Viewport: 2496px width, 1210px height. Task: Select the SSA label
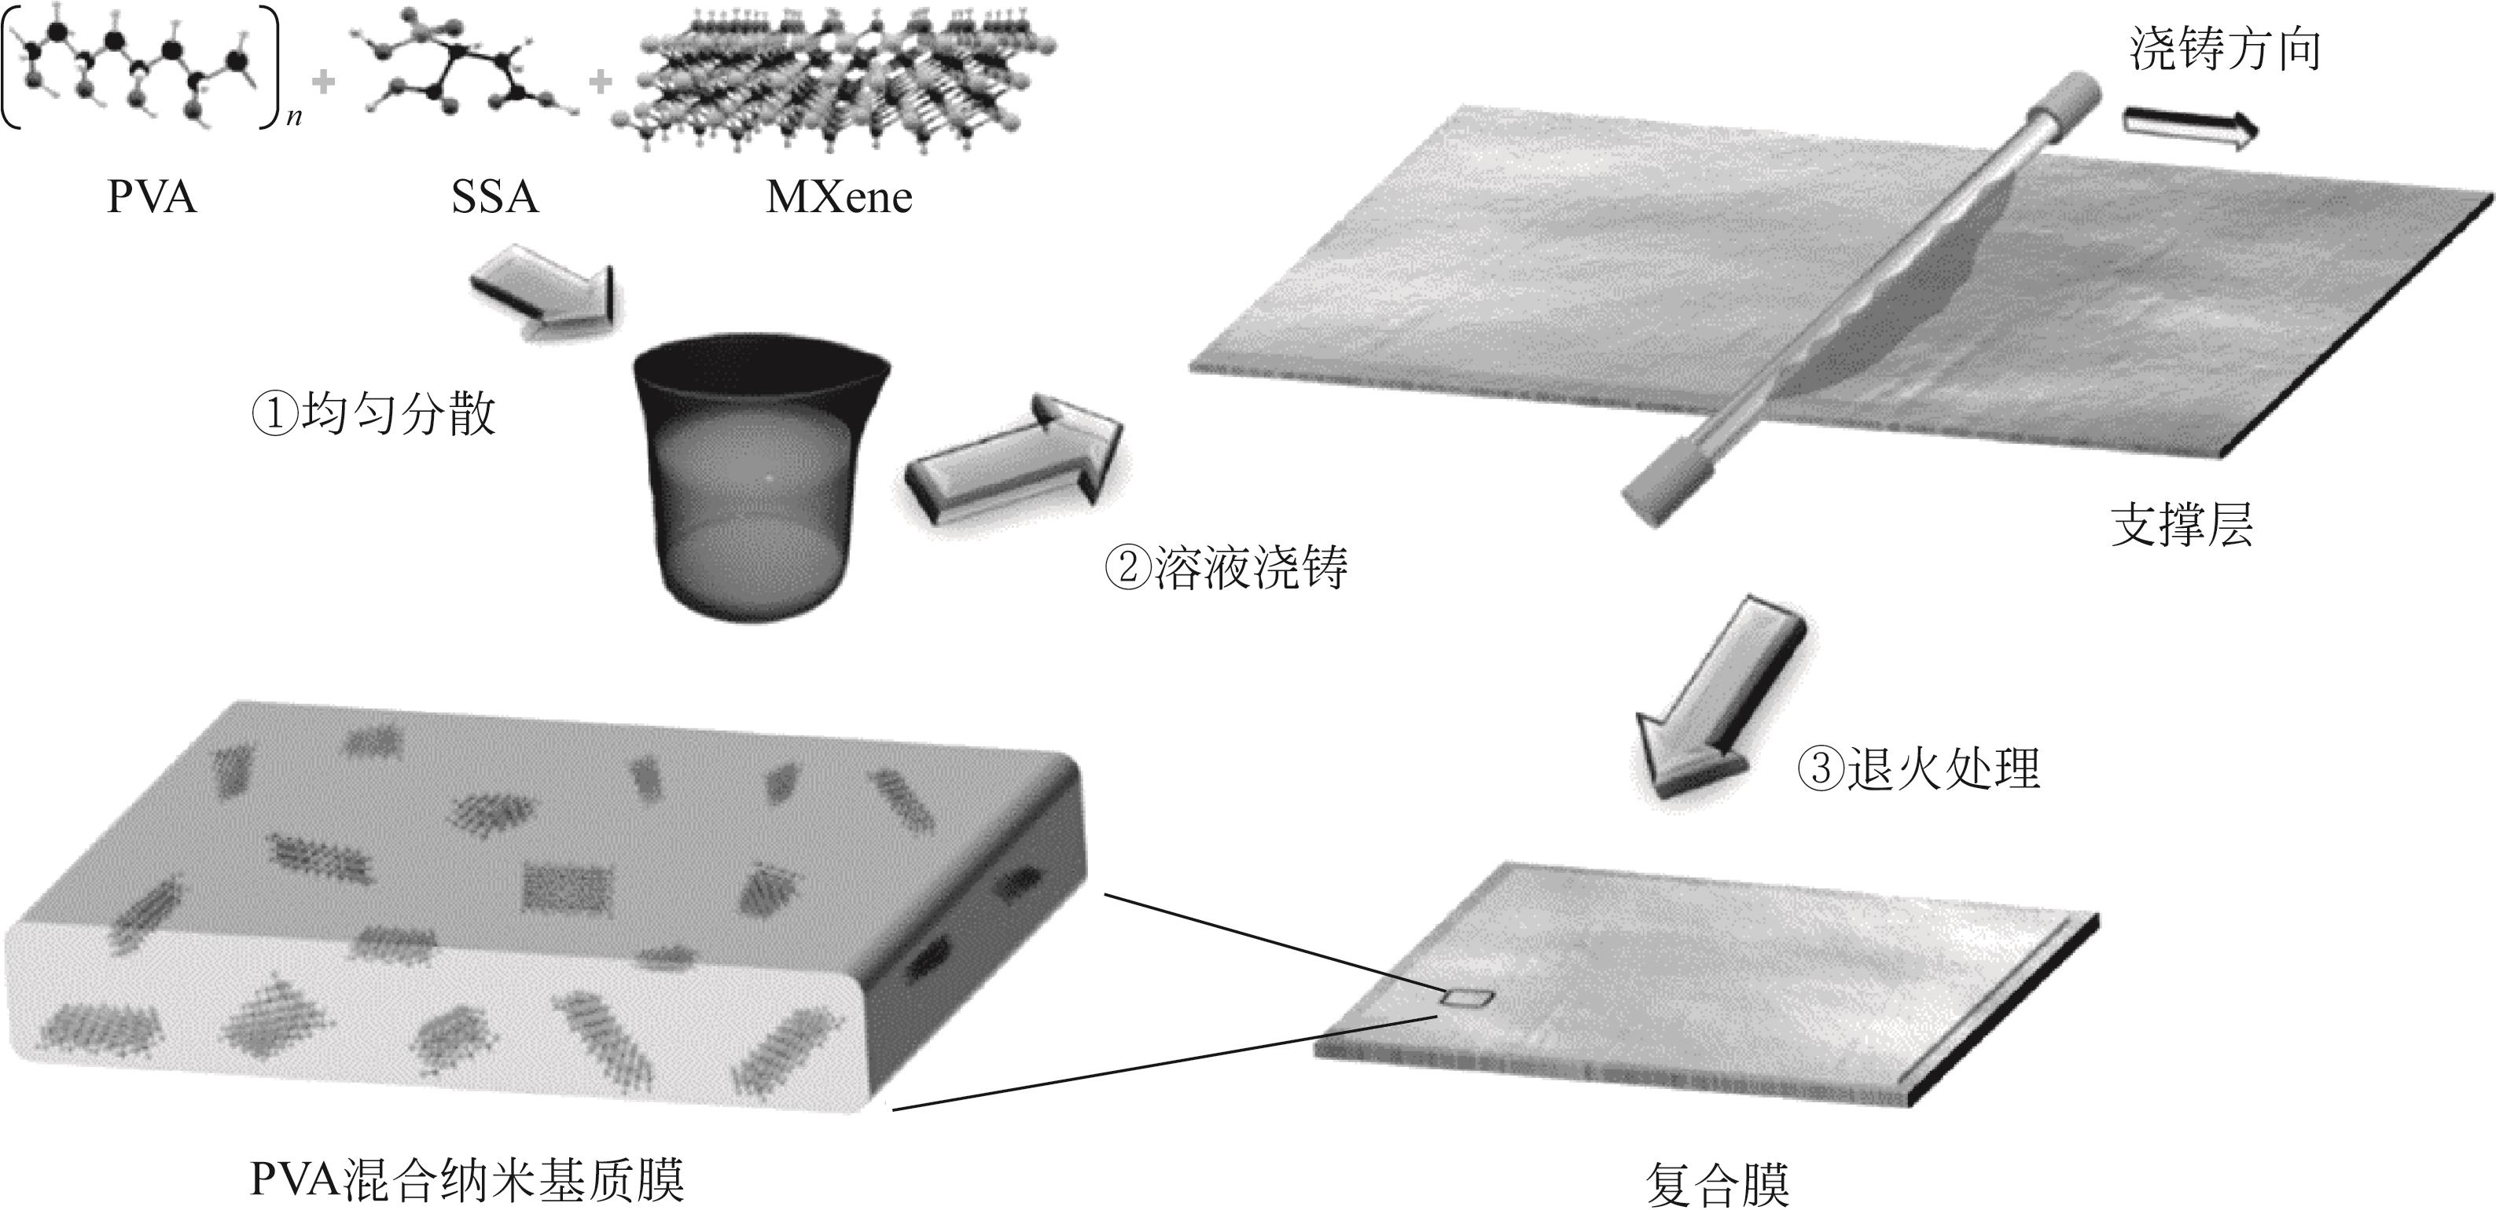494,198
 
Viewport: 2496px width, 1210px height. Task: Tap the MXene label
839,198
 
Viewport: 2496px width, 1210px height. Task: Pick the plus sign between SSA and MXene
601,82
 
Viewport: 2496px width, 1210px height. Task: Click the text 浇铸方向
2226,49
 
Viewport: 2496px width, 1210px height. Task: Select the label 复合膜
1718,1184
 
